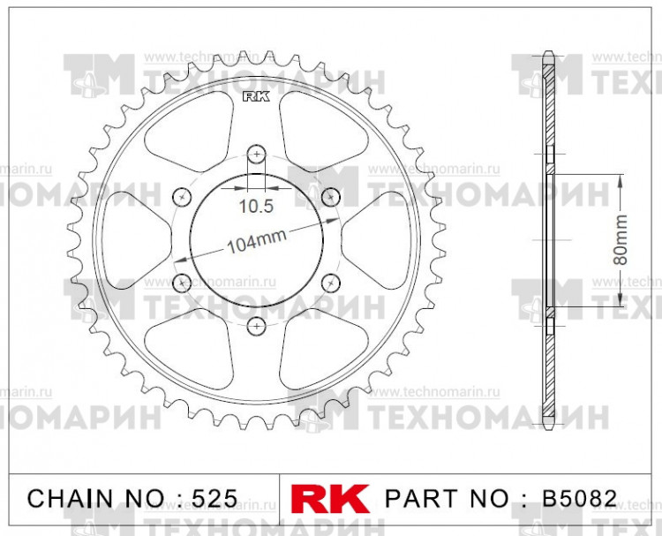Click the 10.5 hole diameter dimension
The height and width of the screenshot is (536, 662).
tap(256, 207)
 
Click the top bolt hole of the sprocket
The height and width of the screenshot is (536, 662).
tap(256, 154)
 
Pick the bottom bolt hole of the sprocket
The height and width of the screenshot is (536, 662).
tap(256, 325)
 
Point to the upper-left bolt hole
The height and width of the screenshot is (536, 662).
tap(182, 195)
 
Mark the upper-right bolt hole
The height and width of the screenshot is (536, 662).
tap(331, 195)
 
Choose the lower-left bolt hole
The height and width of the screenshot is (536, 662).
tap(182, 282)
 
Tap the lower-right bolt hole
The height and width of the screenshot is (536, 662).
tap(331, 282)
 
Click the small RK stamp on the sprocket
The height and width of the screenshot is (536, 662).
tap(253, 98)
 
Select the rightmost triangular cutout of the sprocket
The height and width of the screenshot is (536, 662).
tap(371, 238)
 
